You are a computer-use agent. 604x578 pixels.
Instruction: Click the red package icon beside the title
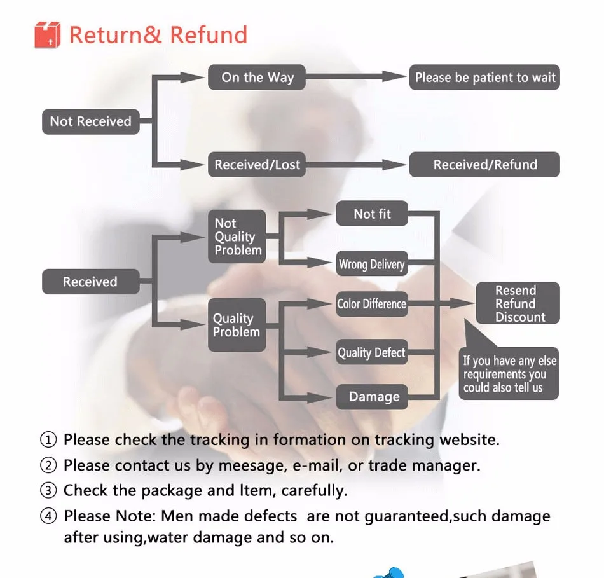(x=47, y=35)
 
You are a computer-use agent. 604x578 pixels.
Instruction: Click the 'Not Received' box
(x=90, y=121)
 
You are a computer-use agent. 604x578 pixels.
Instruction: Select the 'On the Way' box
(x=257, y=78)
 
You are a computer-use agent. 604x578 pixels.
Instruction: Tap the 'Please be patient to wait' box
(x=484, y=78)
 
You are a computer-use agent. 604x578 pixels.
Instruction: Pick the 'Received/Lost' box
(x=257, y=165)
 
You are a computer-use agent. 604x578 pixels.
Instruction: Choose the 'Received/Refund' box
(x=484, y=165)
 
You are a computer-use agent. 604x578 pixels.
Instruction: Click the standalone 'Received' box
(x=90, y=282)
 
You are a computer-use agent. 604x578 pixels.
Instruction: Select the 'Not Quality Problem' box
(x=237, y=237)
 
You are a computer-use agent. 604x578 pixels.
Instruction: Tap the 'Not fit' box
(x=372, y=214)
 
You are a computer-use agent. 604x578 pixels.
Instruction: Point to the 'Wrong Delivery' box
(x=371, y=264)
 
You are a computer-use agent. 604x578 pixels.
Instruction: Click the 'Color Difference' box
(x=371, y=304)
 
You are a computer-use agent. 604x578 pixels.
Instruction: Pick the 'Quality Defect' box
(x=371, y=352)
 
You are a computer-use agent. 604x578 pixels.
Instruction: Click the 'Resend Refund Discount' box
(x=518, y=303)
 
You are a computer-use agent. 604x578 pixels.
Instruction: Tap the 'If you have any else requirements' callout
(x=509, y=374)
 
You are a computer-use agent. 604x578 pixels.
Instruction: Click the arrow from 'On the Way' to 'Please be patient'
(x=356, y=77)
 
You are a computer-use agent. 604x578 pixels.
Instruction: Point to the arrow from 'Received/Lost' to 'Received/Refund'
(x=356, y=165)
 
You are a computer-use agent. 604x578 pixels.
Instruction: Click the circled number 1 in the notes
(x=49, y=439)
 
